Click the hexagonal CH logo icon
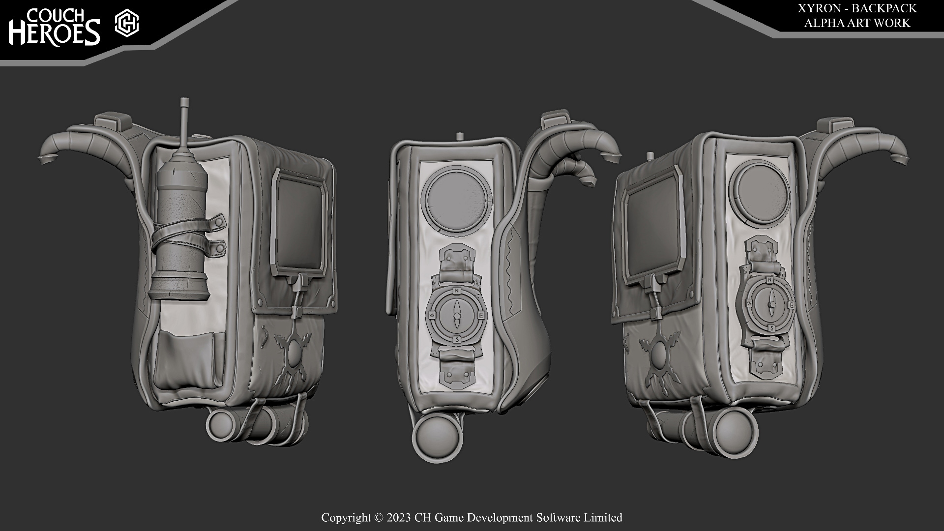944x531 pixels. (x=127, y=24)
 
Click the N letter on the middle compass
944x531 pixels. (x=457, y=291)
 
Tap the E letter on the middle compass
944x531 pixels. (x=481, y=315)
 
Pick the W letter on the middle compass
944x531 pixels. (x=433, y=315)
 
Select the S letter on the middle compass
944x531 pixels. (x=457, y=339)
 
